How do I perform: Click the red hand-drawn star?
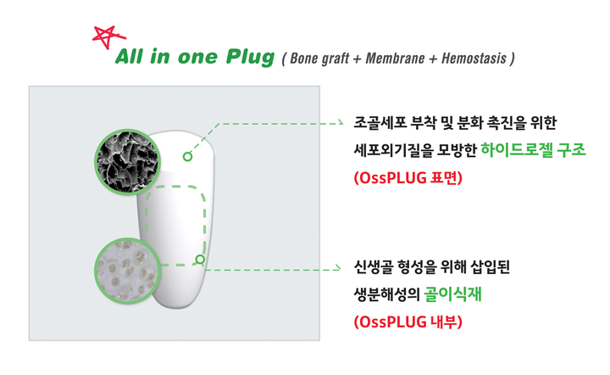[108, 37]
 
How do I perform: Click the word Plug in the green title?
[251, 57]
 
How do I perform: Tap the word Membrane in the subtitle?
[395, 59]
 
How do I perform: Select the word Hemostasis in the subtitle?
[474, 59]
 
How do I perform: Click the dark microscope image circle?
[128, 162]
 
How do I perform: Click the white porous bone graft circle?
[128, 271]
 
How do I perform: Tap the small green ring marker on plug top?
[187, 157]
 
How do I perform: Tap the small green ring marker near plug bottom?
[200, 260]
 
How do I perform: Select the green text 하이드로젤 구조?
[534, 149]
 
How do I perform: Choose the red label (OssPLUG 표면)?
[408, 178]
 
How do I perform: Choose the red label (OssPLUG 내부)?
[408, 322]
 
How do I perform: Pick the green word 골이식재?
[452, 294]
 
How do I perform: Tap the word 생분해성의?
[386, 294]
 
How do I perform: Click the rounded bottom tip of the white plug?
[175, 308]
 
